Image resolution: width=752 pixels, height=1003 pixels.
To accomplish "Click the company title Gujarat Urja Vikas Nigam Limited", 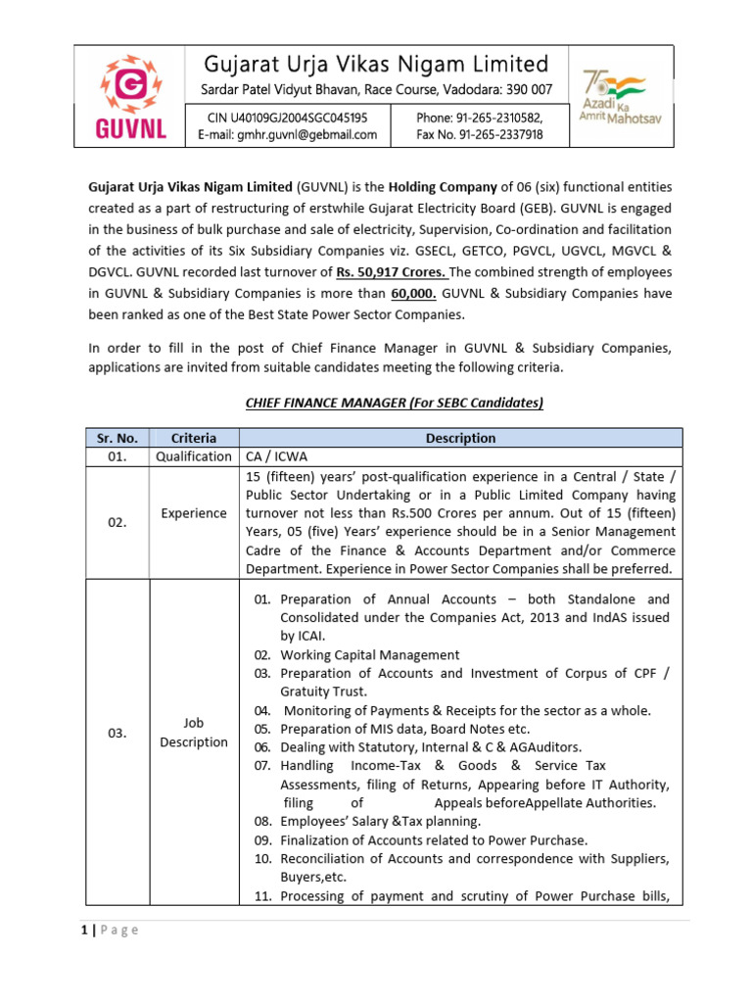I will tap(375, 65).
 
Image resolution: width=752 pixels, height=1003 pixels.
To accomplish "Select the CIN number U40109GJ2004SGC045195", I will tap(287, 118).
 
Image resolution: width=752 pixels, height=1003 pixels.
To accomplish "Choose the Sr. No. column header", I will tap(117, 438).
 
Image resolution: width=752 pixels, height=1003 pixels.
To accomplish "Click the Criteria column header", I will tap(193, 438).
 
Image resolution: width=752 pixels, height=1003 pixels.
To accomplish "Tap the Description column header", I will tap(460, 438).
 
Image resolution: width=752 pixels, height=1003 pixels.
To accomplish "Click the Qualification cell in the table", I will tap(193, 456).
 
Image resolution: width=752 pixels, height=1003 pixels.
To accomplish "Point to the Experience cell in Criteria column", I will tap(193, 514).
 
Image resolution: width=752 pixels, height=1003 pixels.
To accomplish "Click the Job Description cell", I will tap(193, 733).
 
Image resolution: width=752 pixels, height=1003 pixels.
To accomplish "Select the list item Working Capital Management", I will tap(368, 654).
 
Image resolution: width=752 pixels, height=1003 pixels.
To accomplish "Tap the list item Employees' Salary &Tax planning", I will tap(380, 822).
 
